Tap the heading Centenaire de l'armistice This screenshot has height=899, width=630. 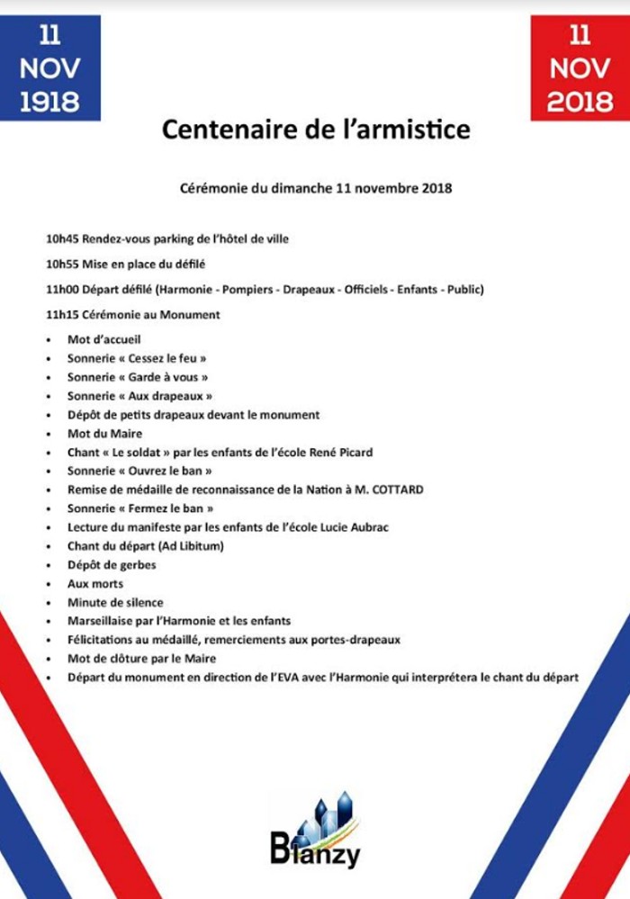pos(315,130)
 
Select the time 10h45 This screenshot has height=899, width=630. pos(62,239)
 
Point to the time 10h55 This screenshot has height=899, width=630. pos(62,265)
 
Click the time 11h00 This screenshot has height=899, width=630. pos(62,290)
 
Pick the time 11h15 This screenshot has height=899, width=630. pos(62,315)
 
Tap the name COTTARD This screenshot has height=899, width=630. pos(393,490)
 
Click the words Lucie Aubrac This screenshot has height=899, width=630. pos(352,527)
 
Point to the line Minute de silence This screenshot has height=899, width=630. pos(115,602)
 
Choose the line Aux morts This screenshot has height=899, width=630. pos(95,584)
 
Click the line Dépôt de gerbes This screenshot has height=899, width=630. pos(112,565)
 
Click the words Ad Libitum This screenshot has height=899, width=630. pos(187,546)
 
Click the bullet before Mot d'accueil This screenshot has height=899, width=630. pos(48,340)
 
